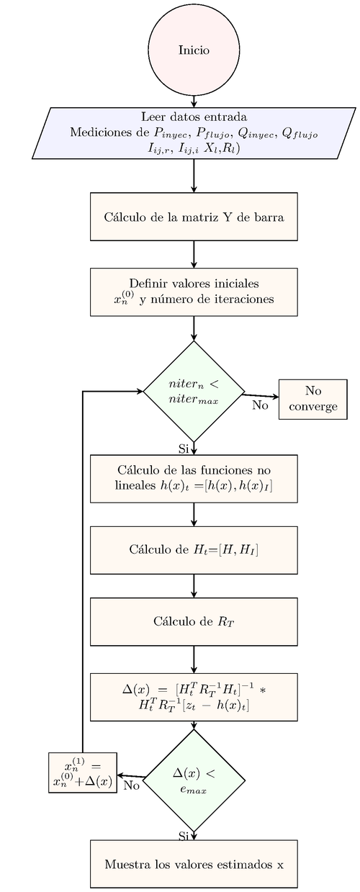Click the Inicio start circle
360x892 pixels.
[194, 50]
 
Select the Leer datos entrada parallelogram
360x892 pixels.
[194, 133]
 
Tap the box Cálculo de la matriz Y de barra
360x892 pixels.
[194, 216]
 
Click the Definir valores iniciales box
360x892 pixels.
[194, 292]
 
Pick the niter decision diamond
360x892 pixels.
[194, 391]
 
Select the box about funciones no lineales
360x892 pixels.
[194, 478]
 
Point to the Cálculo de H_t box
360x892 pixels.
[194, 550]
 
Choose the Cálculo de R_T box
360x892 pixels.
[194, 621]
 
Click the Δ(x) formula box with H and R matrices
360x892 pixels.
[194, 696]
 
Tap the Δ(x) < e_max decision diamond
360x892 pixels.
[194, 780]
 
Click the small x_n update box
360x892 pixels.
[82, 772]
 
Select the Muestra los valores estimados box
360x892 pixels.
[194, 863]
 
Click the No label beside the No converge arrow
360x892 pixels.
[260, 405]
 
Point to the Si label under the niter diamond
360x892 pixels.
[183, 449]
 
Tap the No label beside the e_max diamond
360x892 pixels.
[131, 785]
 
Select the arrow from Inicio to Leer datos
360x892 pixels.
[194, 102]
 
